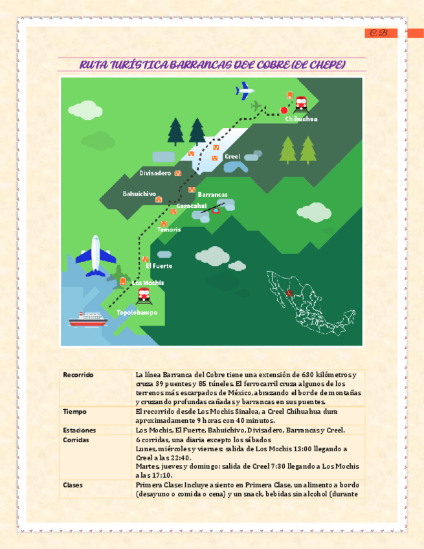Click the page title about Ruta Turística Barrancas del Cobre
[212, 65]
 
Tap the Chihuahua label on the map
[301, 119]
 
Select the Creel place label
[232, 157]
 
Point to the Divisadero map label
[155, 174]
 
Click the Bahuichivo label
[139, 194]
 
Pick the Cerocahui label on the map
[192, 205]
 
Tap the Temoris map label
[169, 230]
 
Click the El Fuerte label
[159, 265]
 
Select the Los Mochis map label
[148, 283]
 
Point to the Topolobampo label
[137, 312]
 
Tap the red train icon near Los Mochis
[144, 296]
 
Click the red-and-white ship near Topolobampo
[87, 319]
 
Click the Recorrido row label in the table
[78, 375]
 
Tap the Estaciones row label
[79, 430]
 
